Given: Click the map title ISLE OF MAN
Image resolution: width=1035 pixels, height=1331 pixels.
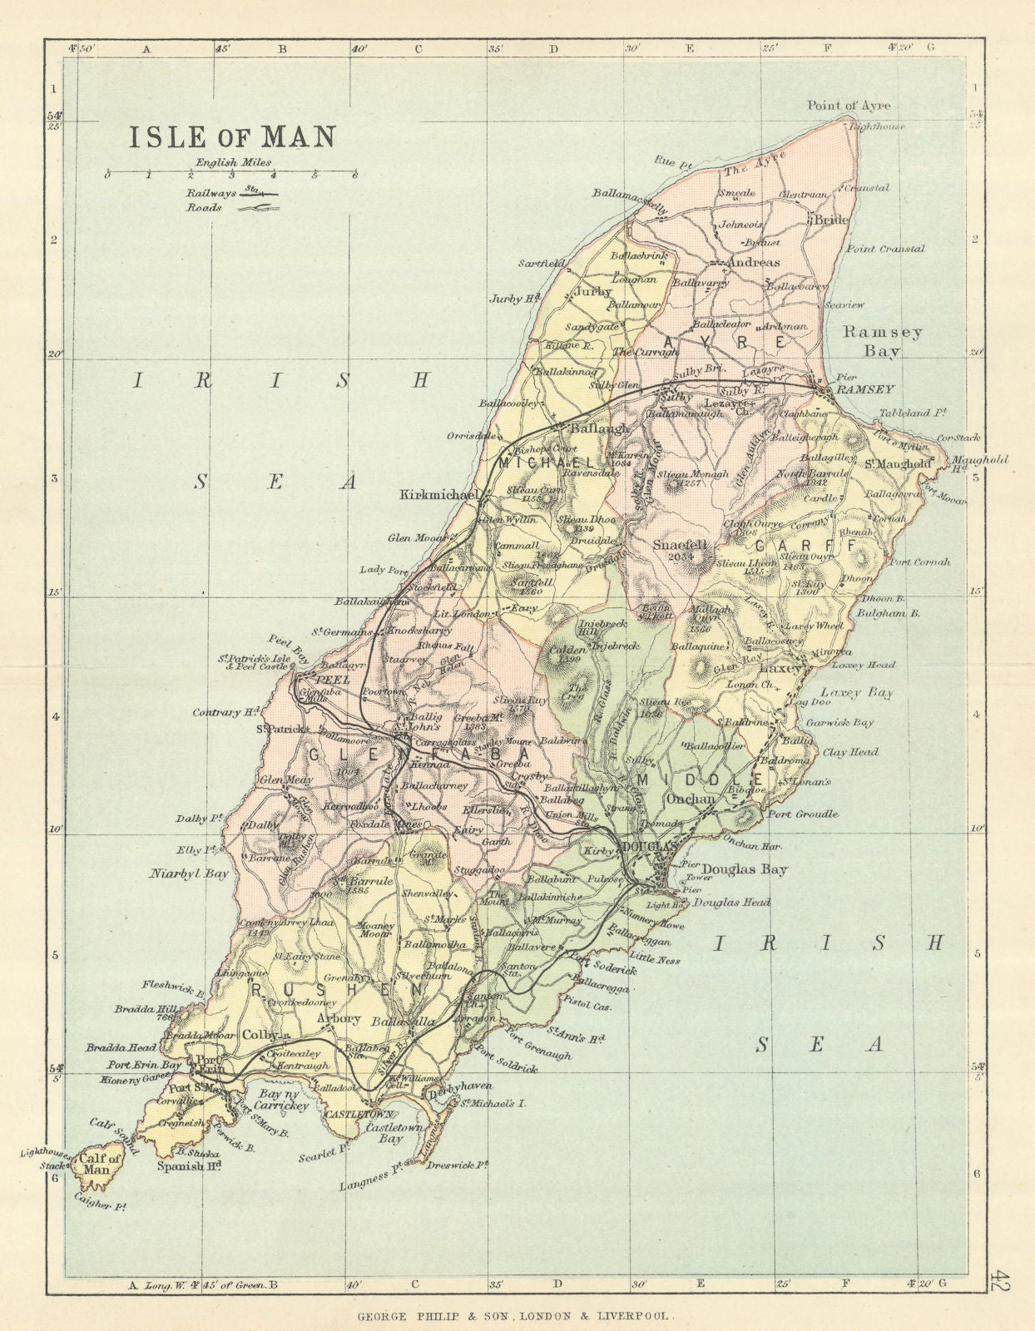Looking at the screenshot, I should point(231,136).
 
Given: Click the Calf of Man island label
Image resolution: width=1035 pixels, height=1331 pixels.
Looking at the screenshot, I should point(98,1164).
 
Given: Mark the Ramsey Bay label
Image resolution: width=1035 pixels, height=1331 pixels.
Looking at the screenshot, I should point(882,341).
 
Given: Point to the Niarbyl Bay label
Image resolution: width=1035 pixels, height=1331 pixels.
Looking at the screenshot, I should point(189,873).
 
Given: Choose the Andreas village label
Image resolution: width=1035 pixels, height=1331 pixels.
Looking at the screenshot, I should point(753,263).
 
